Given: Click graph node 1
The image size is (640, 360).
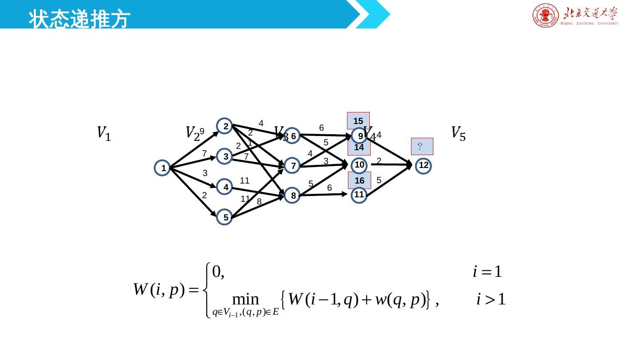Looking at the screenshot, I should [164, 168].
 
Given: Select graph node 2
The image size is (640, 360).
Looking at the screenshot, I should [225, 126].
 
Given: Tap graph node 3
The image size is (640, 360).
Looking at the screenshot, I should [225, 156].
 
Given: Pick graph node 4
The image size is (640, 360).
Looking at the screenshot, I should [225, 188].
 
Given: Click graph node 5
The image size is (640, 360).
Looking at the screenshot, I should [225, 217].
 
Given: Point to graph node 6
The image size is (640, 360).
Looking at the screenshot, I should [293, 136].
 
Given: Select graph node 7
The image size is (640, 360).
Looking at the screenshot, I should [292, 166].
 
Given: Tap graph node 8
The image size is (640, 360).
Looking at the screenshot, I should [293, 196].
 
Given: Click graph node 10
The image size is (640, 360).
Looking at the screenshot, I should [360, 165].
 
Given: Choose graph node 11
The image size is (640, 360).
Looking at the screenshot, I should [359, 195].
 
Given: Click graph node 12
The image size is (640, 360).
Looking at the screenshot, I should [423, 166].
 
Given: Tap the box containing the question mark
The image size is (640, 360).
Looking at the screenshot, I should [422, 146].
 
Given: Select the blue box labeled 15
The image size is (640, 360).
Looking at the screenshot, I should [358, 120].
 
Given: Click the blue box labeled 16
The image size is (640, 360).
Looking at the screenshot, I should [359, 180].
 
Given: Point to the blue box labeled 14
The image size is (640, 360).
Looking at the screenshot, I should [359, 148].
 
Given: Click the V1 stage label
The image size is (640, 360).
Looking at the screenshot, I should [104, 133].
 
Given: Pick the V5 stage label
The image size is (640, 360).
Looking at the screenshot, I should [458, 133].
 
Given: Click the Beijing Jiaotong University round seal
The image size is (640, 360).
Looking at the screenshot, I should [545, 16].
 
